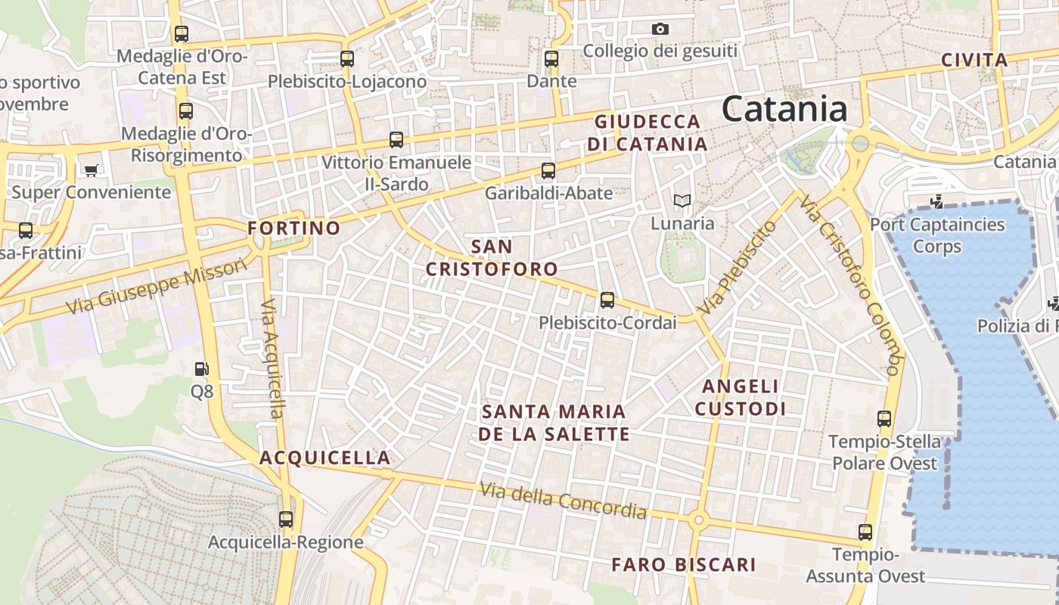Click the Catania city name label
(784, 109)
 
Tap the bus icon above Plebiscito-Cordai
(607, 300)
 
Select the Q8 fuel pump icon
(202, 370)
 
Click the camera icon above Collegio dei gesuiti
(660, 29)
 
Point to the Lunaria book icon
(682, 201)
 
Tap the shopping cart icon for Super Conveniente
(92, 171)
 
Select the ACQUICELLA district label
(325, 458)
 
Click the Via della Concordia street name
(564, 501)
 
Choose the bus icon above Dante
(551, 59)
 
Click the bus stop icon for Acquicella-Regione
(285, 520)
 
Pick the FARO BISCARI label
(684, 565)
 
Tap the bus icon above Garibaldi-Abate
(548, 172)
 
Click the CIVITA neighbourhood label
(974, 60)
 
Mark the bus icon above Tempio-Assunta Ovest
(865, 532)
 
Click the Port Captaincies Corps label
(937, 235)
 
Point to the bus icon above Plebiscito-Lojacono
(347, 59)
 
